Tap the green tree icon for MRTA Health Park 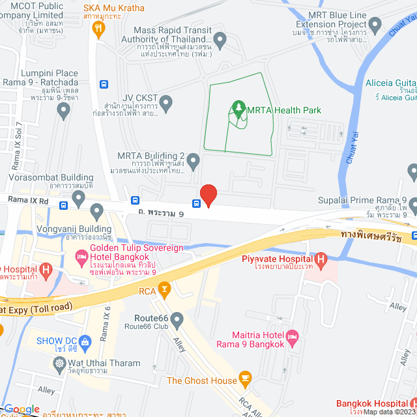238,109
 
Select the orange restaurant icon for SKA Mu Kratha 98,27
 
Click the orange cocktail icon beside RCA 164,287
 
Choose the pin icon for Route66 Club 177,319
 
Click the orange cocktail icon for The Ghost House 245,377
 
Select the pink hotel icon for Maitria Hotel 292,336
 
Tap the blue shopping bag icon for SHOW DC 89,341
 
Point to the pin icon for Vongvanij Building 97,210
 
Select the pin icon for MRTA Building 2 192,160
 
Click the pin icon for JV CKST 166,102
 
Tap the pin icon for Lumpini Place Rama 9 63,111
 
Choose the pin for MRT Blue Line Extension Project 375,25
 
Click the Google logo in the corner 22,409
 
